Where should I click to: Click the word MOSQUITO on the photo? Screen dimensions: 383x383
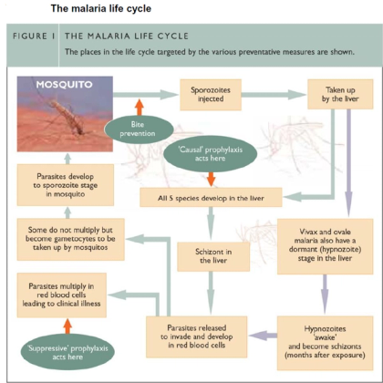(x=64, y=84)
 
